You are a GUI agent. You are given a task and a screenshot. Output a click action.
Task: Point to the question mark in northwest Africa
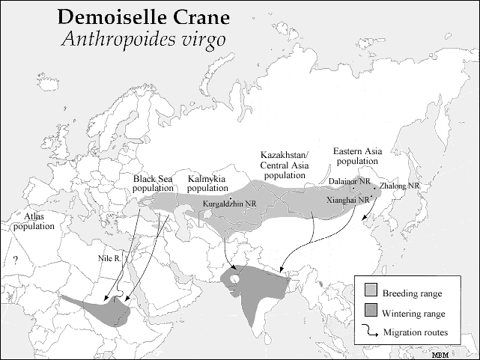(x=14, y=260)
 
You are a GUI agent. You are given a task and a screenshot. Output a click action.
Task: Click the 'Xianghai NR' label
(x=347, y=200)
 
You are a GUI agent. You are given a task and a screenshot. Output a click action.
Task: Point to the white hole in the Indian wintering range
(x=235, y=279)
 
